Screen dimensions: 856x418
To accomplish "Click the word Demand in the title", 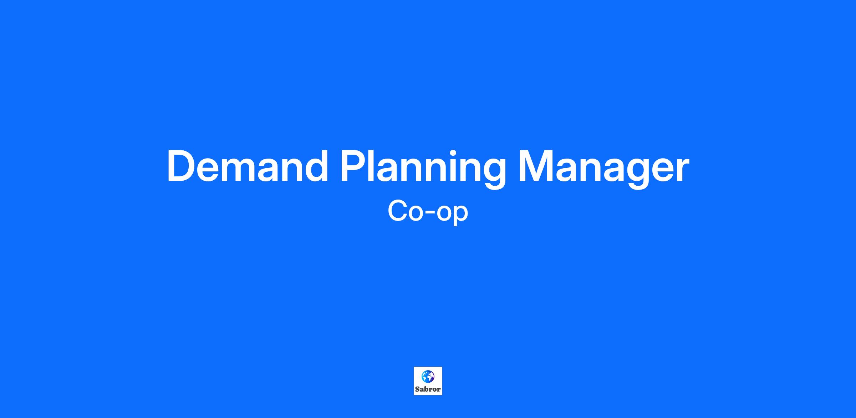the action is pyautogui.click(x=247, y=166).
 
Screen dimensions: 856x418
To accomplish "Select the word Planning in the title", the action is pyautogui.click(x=423, y=169).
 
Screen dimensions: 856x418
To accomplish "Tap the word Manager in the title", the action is pyautogui.click(x=603, y=170).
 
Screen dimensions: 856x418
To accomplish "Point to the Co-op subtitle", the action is pyautogui.click(x=428, y=212).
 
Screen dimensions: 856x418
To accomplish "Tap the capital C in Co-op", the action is pyautogui.click(x=398, y=211).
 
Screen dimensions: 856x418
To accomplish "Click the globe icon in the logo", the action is pyautogui.click(x=428, y=376).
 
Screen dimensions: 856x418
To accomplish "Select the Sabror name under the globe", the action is pyautogui.click(x=428, y=389).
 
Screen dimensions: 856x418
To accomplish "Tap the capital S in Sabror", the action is pyautogui.click(x=417, y=389).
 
